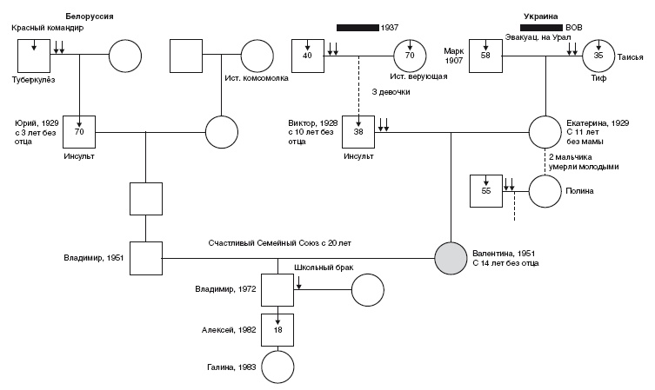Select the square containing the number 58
tap(485, 55)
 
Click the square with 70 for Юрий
tap(78, 132)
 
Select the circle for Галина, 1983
tap(277, 367)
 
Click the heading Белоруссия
tap(90, 17)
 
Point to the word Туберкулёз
tap(34, 79)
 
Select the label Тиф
tap(598, 79)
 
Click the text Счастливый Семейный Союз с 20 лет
tap(278, 243)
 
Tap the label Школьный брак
tap(317, 268)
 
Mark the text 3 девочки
tap(389, 92)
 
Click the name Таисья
tap(629, 57)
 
